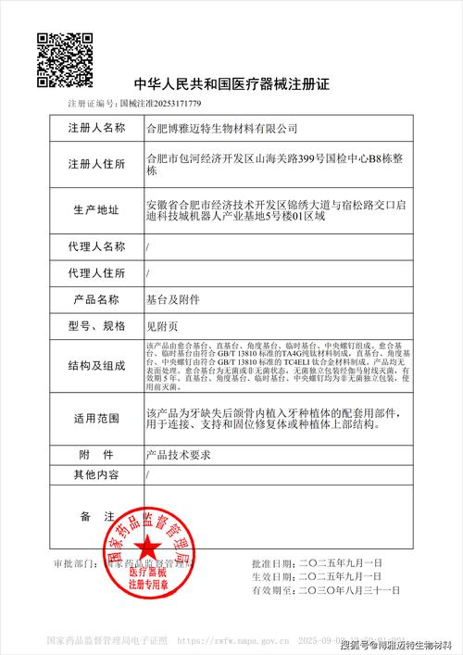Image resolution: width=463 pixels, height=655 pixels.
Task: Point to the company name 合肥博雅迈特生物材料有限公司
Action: (x=222, y=126)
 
